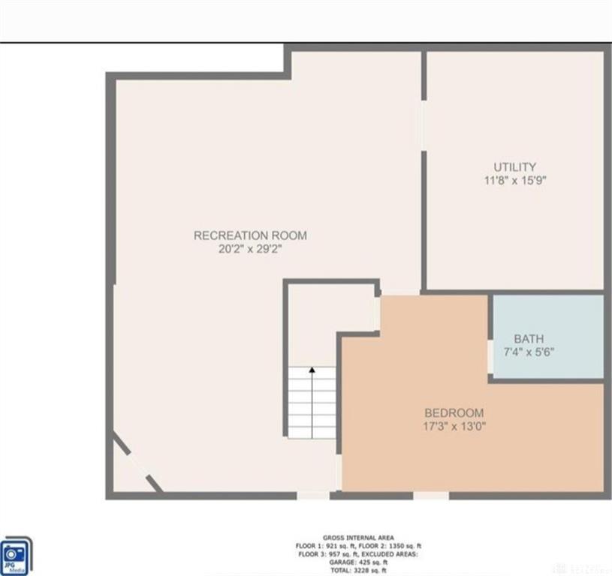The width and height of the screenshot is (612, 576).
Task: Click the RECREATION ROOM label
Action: pyautogui.click(x=250, y=235)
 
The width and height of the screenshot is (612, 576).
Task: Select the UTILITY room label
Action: pyautogui.click(x=514, y=166)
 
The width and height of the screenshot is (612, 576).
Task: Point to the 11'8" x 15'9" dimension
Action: pyautogui.click(x=514, y=180)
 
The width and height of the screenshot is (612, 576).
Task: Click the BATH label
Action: pyautogui.click(x=529, y=338)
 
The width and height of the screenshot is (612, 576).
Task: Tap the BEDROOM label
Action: pyautogui.click(x=454, y=412)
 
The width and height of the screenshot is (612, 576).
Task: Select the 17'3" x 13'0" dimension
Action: pyautogui.click(x=454, y=426)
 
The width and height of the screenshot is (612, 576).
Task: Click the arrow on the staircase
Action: pyautogui.click(x=312, y=371)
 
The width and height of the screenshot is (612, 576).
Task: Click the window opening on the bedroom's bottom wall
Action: pyautogui.click(x=431, y=495)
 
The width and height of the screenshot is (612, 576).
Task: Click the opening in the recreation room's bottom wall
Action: pyautogui.click(x=312, y=495)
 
